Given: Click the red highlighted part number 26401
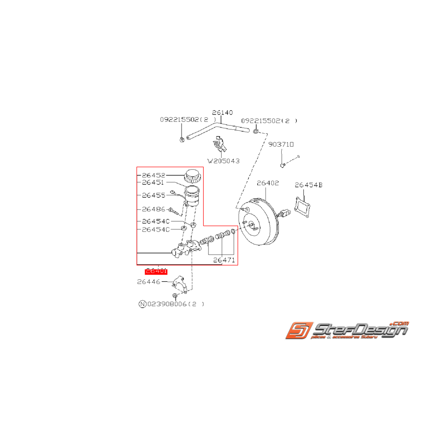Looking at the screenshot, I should pos(156,271).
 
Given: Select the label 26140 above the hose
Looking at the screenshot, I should pos(222,113).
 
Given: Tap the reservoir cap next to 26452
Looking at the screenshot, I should pos(192,176).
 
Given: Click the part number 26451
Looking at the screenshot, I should pos(153,183).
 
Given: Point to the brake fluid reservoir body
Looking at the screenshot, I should pos(192,196).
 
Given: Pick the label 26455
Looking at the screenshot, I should pos(153,195).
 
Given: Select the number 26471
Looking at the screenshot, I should pos(224,261).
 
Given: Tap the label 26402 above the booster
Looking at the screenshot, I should pos(267,183).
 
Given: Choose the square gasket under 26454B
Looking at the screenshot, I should pos(302,206).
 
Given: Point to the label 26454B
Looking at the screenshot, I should pos(309,185).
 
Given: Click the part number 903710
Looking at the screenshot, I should pos(281,144).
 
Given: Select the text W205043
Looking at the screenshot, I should pos(223,161).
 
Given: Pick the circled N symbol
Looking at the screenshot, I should pos(142,304).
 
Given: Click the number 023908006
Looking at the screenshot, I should pos(167,304).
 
